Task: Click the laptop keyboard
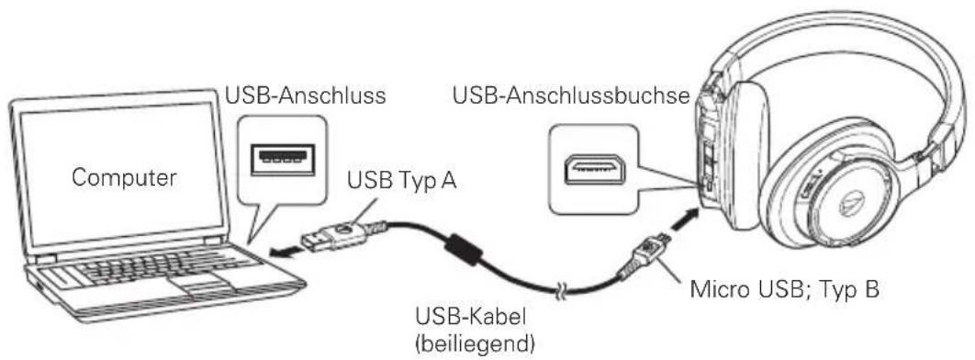pos(151,272)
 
